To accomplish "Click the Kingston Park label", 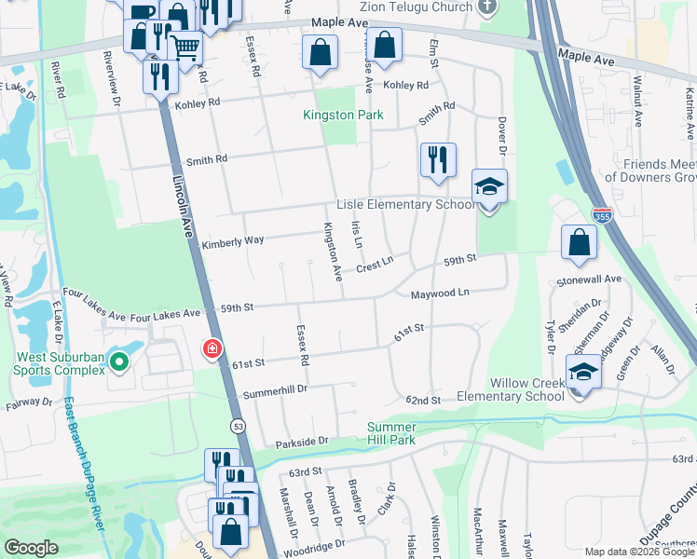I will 330,115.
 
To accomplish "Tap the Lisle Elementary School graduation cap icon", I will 489,186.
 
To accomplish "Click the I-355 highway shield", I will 600,214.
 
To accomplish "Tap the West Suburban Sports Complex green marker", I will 119,361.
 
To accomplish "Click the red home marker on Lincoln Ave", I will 212,349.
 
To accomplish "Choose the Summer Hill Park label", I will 404,433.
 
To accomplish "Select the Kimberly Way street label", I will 233,241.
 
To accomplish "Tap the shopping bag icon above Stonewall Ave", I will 579,242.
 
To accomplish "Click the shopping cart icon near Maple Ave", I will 184,47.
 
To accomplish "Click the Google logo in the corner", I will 32,548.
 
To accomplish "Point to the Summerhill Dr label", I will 275,393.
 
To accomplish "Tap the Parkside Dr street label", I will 298,441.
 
